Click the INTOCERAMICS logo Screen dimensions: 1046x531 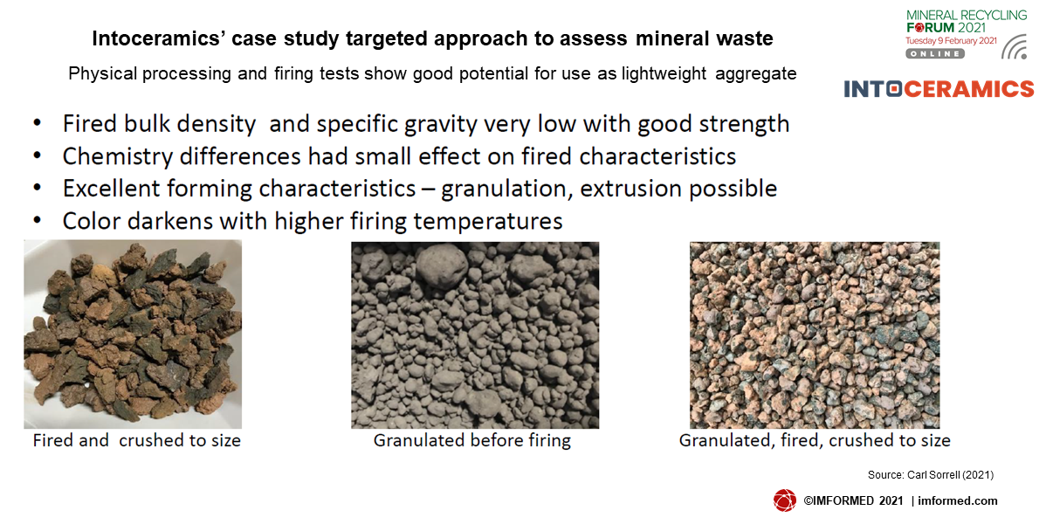coord(939,89)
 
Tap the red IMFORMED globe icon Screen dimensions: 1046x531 coord(784,500)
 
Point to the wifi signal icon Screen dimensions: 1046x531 coord(1014,46)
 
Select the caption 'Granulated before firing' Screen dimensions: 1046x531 coord(472,440)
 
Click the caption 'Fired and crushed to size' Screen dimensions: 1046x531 coord(137,440)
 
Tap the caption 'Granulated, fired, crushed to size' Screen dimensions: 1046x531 coord(815,440)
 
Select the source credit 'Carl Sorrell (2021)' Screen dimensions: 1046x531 coord(951,475)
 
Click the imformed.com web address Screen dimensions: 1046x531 coord(958,501)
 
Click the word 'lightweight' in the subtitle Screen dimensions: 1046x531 coord(664,73)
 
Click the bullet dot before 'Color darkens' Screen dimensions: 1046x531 coord(38,219)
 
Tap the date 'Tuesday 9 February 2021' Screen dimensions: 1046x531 coord(952,41)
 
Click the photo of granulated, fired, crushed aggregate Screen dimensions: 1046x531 coord(815,334)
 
